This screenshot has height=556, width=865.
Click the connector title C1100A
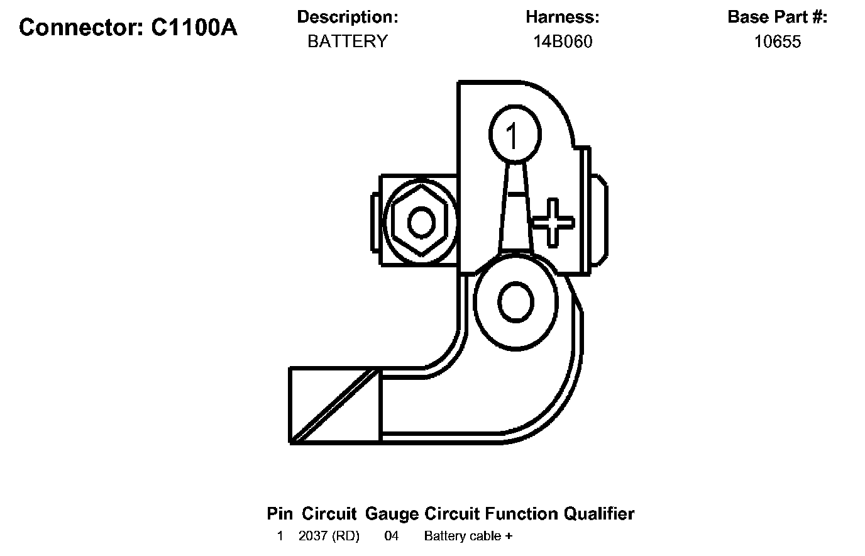click(x=128, y=28)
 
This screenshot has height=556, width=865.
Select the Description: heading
click(x=347, y=17)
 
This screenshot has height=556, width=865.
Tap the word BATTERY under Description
click(x=347, y=42)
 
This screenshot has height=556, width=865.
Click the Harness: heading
click(x=563, y=17)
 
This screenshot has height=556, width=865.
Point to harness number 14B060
click(x=563, y=42)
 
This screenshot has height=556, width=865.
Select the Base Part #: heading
click(x=778, y=17)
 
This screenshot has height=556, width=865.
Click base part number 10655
click(x=778, y=42)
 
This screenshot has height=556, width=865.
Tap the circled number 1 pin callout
click(x=514, y=135)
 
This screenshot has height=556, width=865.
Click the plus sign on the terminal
click(x=552, y=222)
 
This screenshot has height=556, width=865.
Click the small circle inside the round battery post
click(x=515, y=304)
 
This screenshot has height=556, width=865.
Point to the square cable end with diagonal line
click(x=334, y=405)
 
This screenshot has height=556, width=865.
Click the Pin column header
click(x=280, y=514)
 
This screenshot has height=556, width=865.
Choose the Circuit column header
click(x=329, y=514)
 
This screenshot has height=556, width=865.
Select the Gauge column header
click(x=391, y=514)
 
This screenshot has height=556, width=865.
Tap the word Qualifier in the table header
click(x=599, y=514)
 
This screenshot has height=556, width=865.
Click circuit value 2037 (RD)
click(x=329, y=537)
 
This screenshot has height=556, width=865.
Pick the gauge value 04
click(x=391, y=537)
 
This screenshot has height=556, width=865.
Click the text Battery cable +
click(x=468, y=537)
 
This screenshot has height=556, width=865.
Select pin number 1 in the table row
click(x=280, y=537)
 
